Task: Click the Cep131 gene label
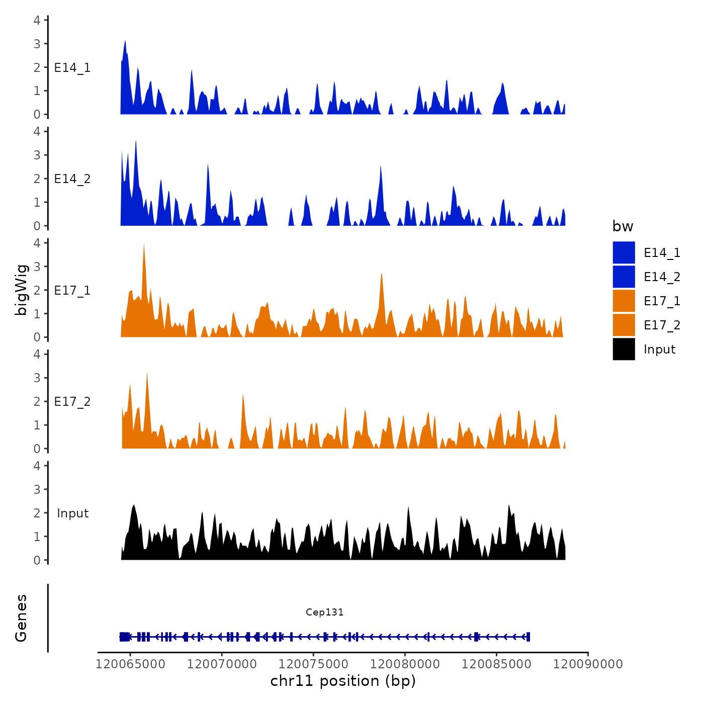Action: point(324,612)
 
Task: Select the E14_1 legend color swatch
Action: point(624,252)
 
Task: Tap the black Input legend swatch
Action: point(624,349)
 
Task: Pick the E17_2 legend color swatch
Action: point(624,325)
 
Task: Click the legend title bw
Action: point(623,226)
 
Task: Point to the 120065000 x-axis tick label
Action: point(130,664)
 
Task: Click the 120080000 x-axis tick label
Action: point(405,664)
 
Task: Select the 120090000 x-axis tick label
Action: point(588,664)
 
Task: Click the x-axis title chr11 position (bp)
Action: point(343,681)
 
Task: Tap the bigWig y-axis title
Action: point(21,290)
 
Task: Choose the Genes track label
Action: point(21,618)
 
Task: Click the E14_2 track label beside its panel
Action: point(72,179)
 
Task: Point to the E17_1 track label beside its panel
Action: point(72,291)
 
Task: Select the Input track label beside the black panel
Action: point(72,513)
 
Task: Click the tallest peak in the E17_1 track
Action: point(144,244)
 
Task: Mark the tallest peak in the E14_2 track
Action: point(136,142)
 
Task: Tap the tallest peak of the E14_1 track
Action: point(125,41)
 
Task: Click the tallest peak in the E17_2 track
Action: point(147,373)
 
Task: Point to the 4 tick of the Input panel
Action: point(37,466)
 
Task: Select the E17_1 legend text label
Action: point(662,301)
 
